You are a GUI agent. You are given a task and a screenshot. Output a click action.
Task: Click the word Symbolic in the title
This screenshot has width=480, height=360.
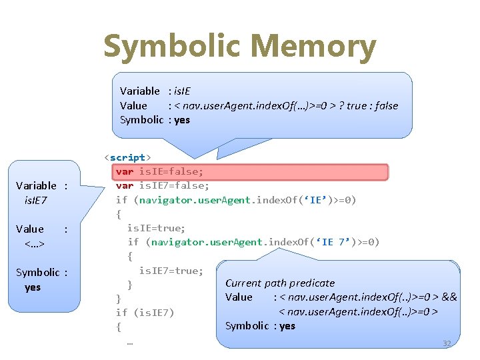(x=173, y=47)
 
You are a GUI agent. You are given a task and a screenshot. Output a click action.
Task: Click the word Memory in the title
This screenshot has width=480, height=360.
(x=313, y=47)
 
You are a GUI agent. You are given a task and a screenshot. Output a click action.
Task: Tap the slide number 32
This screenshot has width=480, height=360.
(x=447, y=343)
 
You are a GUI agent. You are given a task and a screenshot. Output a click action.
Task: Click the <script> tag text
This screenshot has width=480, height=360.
(x=127, y=157)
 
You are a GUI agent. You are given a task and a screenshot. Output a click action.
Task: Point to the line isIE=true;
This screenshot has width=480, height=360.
(x=156, y=228)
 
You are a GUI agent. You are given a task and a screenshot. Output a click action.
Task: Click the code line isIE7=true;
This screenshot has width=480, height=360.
(x=171, y=270)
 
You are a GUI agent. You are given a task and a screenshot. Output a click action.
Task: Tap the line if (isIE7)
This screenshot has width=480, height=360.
(x=145, y=312)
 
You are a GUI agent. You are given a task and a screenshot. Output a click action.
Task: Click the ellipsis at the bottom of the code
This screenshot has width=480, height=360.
(x=129, y=341)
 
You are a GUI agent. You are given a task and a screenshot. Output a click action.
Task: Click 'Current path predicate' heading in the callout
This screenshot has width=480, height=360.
(x=280, y=283)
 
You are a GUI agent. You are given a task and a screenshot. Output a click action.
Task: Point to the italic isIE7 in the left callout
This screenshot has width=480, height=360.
(x=35, y=200)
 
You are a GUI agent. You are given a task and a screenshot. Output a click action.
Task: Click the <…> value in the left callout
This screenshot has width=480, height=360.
(x=34, y=243)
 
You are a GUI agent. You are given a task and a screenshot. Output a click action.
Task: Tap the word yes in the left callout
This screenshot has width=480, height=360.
(x=33, y=287)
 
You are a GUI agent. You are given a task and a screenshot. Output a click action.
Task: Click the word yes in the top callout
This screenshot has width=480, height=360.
(x=182, y=120)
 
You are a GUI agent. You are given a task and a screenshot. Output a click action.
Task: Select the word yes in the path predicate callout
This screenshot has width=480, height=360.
(x=287, y=325)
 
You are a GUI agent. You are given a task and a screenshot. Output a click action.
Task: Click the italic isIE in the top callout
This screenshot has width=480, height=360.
(x=182, y=91)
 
